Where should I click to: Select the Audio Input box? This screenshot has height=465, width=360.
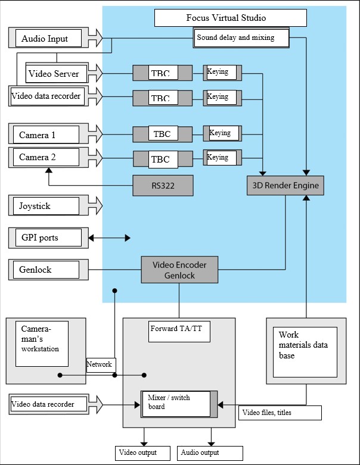pyautogui.click(x=45, y=39)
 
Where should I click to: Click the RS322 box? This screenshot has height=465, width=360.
pyautogui.click(x=163, y=186)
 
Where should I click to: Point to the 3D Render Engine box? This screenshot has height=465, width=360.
pyautogui.click(x=285, y=186)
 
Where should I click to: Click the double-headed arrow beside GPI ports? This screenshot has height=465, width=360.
pyautogui.click(x=110, y=238)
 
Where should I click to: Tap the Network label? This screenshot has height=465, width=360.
pyautogui.click(x=100, y=364)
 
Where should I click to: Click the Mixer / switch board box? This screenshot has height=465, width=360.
pyautogui.click(x=175, y=404)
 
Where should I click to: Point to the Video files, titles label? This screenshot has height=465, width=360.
pyautogui.click(x=280, y=413)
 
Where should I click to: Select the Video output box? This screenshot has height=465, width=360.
pyautogui.click(x=144, y=452)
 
